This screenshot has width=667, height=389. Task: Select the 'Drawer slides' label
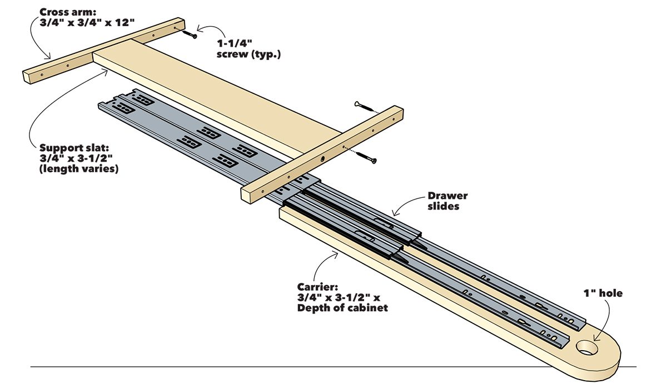(447, 201)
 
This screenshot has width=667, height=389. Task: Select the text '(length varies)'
(79, 170)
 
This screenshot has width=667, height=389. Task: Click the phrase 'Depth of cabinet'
(335, 308)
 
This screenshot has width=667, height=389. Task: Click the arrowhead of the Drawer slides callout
(394, 214)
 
